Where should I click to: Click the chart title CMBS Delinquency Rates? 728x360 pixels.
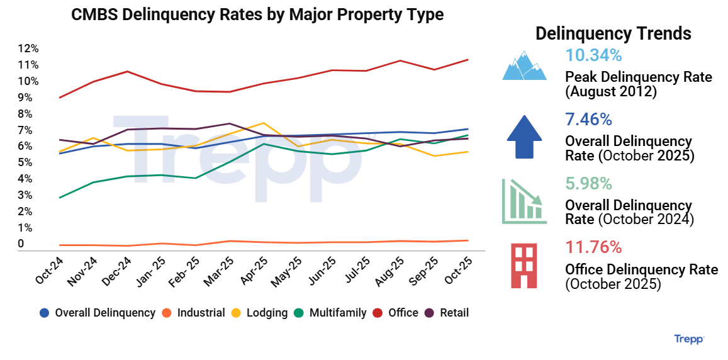pos(257,14)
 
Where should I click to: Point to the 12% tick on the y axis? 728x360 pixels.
pos(28,48)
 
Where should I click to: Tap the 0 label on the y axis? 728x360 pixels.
pos(21,244)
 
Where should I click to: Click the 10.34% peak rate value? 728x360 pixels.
pos(593,55)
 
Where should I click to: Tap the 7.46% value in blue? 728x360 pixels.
pos(588,120)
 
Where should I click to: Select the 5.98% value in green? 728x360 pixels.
pos(588,184)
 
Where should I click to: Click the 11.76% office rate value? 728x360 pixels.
pos(593,247)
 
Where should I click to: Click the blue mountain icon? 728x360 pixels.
pos(524,65)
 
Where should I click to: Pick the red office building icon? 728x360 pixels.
pos(524,266)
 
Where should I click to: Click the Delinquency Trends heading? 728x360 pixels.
pos(613,33)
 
